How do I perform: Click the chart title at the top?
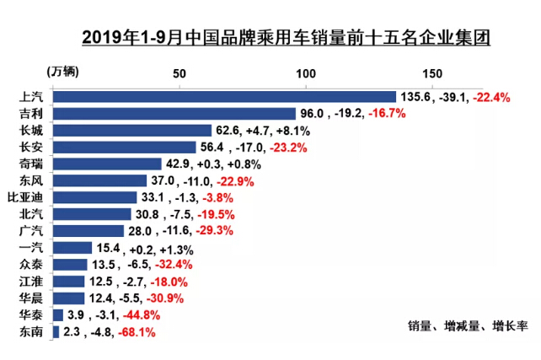287,38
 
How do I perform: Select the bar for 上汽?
224,97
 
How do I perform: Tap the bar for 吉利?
174,114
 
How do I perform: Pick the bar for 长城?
131,131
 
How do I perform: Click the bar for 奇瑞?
106,164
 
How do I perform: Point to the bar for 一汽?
72,248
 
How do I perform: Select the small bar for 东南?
56,332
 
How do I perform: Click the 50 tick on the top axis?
179,73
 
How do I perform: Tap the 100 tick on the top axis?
306,73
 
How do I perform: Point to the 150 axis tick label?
433,73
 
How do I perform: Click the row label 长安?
29,147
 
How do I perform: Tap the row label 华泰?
29,315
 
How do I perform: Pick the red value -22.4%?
492,97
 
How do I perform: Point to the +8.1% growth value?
294,131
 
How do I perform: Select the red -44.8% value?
140,316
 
